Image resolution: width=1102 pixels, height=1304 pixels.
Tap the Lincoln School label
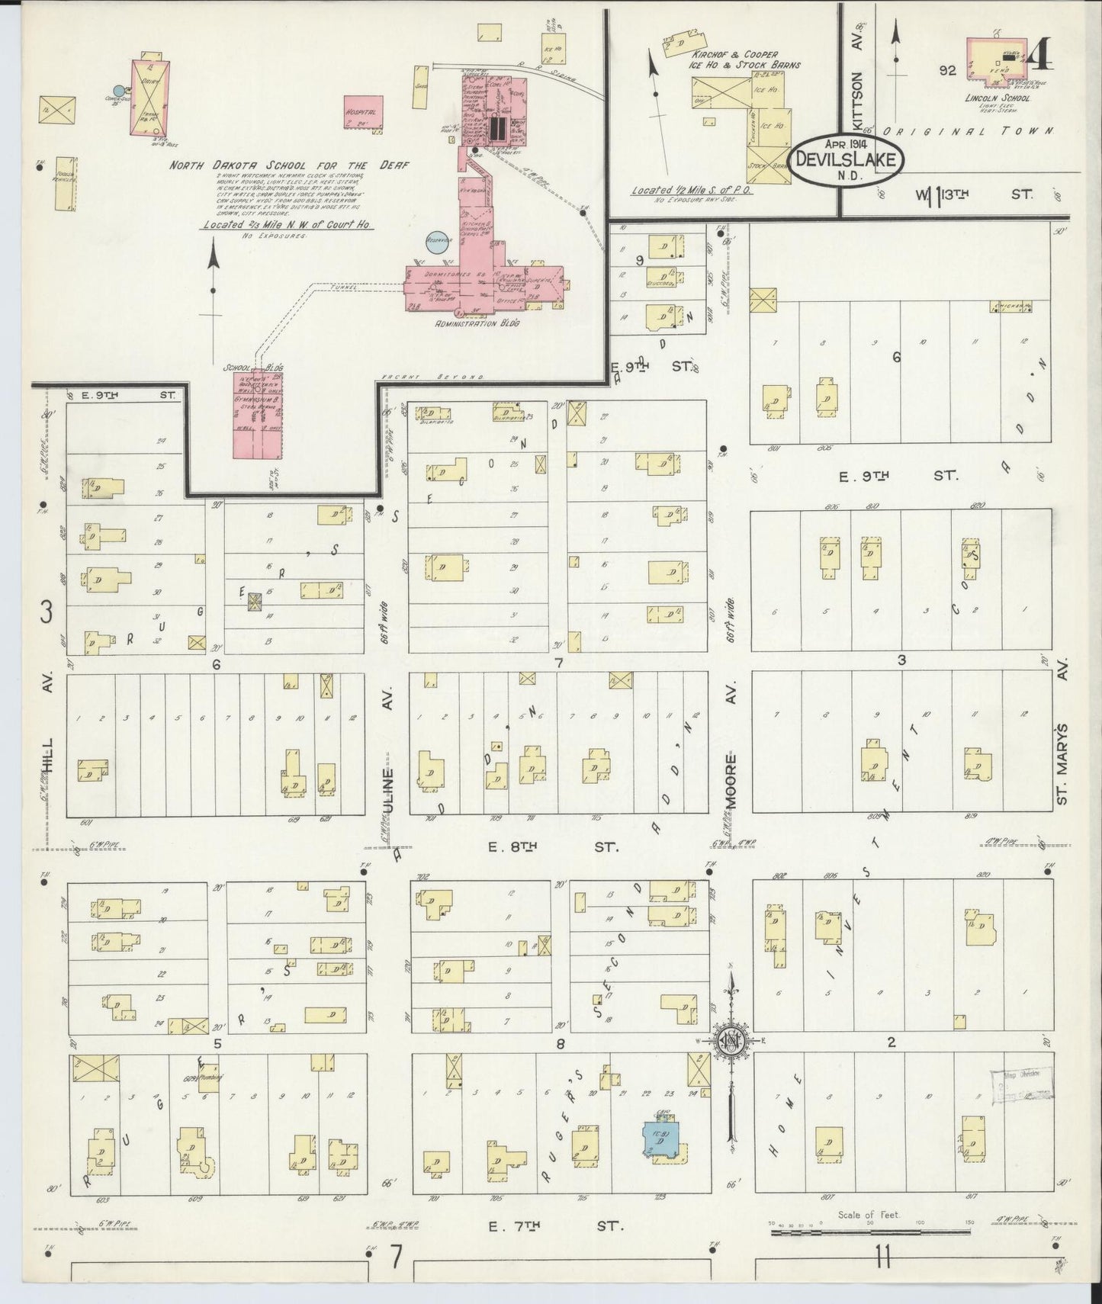[x=997, y=98]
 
